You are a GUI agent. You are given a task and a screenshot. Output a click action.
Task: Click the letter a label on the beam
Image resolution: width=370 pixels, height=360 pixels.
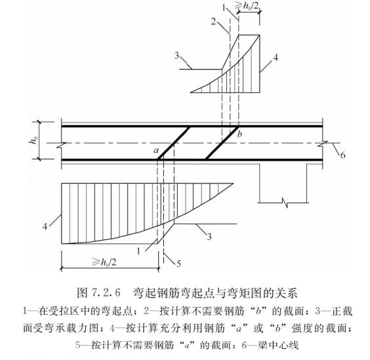pos(156,151)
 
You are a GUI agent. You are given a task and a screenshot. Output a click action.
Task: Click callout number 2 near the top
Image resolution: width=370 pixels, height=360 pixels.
pos(213,21)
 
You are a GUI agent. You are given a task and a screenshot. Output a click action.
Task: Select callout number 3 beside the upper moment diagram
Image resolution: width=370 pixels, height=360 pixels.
pos(177,56)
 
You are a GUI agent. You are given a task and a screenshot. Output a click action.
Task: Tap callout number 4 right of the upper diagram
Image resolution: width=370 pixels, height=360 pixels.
pos(276,58)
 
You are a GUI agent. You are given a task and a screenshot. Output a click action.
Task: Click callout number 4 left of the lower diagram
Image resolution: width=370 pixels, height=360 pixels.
pos(47,226)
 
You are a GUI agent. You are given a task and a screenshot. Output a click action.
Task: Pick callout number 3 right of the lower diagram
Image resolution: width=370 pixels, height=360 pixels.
pos(209,235)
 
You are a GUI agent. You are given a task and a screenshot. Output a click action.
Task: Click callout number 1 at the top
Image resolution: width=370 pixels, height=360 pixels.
pos(223,7)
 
